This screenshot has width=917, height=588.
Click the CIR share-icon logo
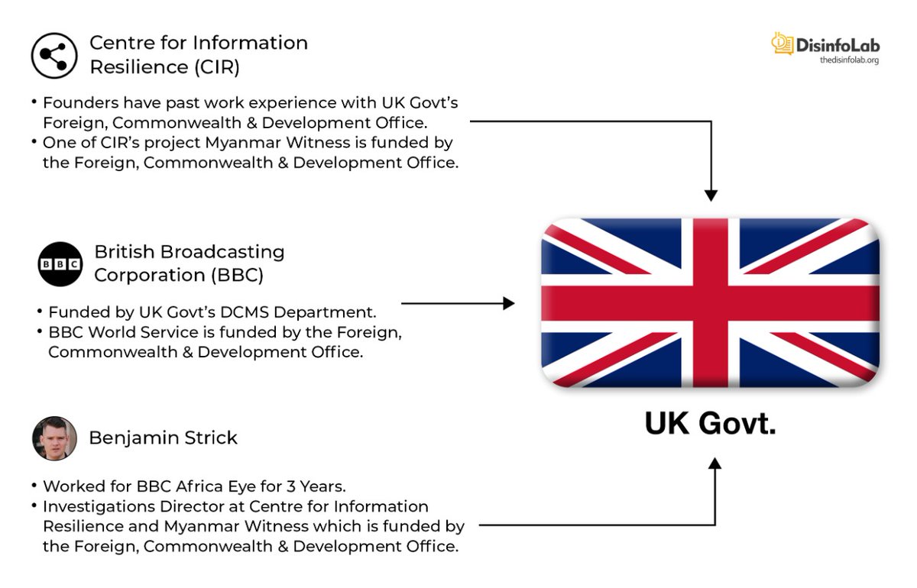coord(53,56)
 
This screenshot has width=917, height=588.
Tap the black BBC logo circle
coord(60,264)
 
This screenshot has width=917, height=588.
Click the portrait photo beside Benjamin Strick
coord(54,438)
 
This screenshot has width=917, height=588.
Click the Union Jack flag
coord(710,302)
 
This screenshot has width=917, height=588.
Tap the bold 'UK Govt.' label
coord(710,423)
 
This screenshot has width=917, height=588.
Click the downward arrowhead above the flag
coord(711,195)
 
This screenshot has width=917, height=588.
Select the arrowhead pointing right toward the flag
coord(509,304)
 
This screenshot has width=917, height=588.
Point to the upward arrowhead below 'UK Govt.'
coord(714,464)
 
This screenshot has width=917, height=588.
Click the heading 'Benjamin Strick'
coord(163,438)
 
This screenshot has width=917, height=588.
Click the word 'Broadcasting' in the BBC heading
coord(229,251)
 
